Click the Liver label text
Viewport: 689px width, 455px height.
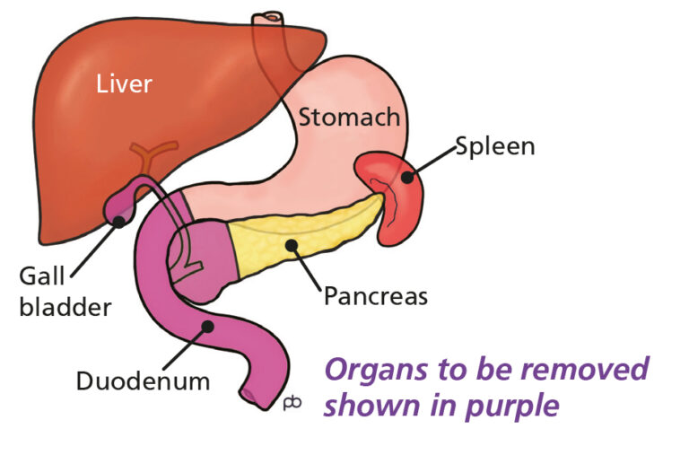pos(125,84)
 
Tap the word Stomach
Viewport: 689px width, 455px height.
pos(349,117)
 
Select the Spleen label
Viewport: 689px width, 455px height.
pos(494,145)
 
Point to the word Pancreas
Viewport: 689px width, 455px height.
pos(376,294)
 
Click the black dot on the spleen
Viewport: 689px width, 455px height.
pos(406,176)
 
